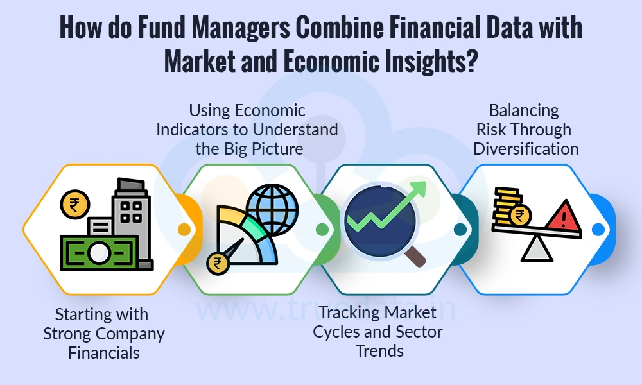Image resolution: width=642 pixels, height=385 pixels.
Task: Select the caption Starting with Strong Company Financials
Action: click(x=103, y=334)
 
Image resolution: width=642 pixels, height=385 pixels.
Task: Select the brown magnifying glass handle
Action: click(x=416, y=256)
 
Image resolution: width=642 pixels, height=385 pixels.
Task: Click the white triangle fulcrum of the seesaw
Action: click(x=537, y=250)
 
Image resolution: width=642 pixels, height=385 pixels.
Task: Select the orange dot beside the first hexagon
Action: click(x=185, y=228)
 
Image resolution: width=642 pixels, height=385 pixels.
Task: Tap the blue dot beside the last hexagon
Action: click(x=598, y=229)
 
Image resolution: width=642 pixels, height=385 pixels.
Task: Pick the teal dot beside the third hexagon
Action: click(x=460, y=229)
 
